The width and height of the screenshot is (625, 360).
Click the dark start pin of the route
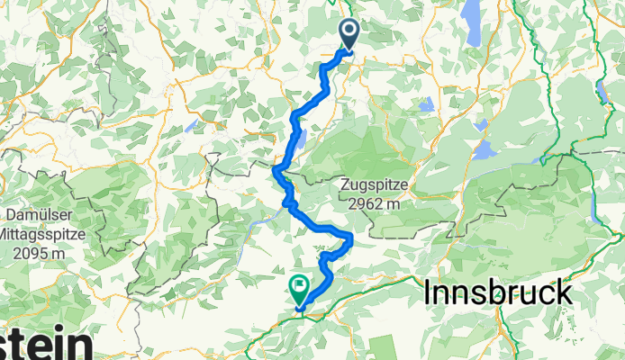pos(349,34)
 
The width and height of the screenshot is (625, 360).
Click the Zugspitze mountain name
pos(375,185)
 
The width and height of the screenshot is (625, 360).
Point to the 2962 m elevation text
pos(375,203)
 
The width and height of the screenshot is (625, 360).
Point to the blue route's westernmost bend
pos(275,167)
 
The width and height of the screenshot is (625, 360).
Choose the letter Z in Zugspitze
pos(345,185)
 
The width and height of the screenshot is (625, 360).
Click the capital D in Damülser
pos(10,216)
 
